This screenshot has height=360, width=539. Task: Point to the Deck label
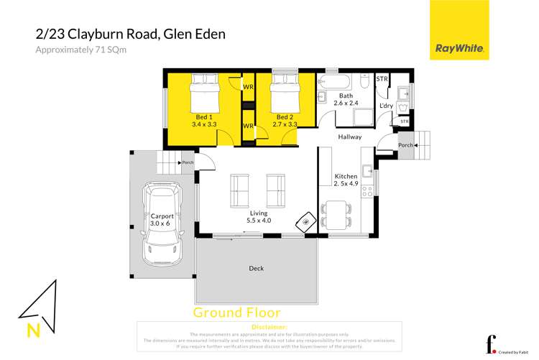click(x=256, y=269)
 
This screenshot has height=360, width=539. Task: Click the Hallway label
click(x=350, y=137)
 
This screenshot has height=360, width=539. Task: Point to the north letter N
click(x=33, y=331)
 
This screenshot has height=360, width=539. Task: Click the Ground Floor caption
click(x=237, y=313)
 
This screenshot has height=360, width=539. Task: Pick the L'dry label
click(x=386, y=106)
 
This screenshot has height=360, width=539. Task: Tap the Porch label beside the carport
click(x=188, y=162)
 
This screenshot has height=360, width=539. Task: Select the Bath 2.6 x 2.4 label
click(x=346, y=99)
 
